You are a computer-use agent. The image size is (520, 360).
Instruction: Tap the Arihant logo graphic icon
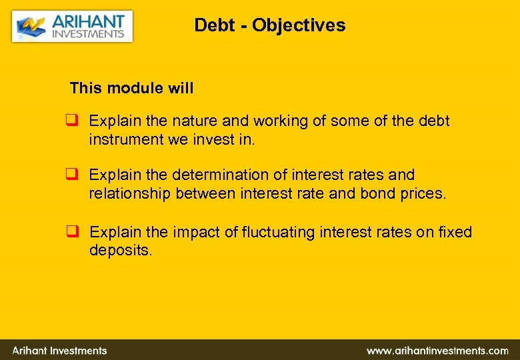[31, 27]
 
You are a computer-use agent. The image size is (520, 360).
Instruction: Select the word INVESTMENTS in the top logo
[88, 34]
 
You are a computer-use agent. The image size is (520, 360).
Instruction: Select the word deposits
[119, 251]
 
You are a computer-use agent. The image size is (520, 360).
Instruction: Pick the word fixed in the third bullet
[456, 232]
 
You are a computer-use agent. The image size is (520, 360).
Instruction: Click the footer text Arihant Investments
[59, 350]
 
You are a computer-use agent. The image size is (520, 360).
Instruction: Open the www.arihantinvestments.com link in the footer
[437, 350]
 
